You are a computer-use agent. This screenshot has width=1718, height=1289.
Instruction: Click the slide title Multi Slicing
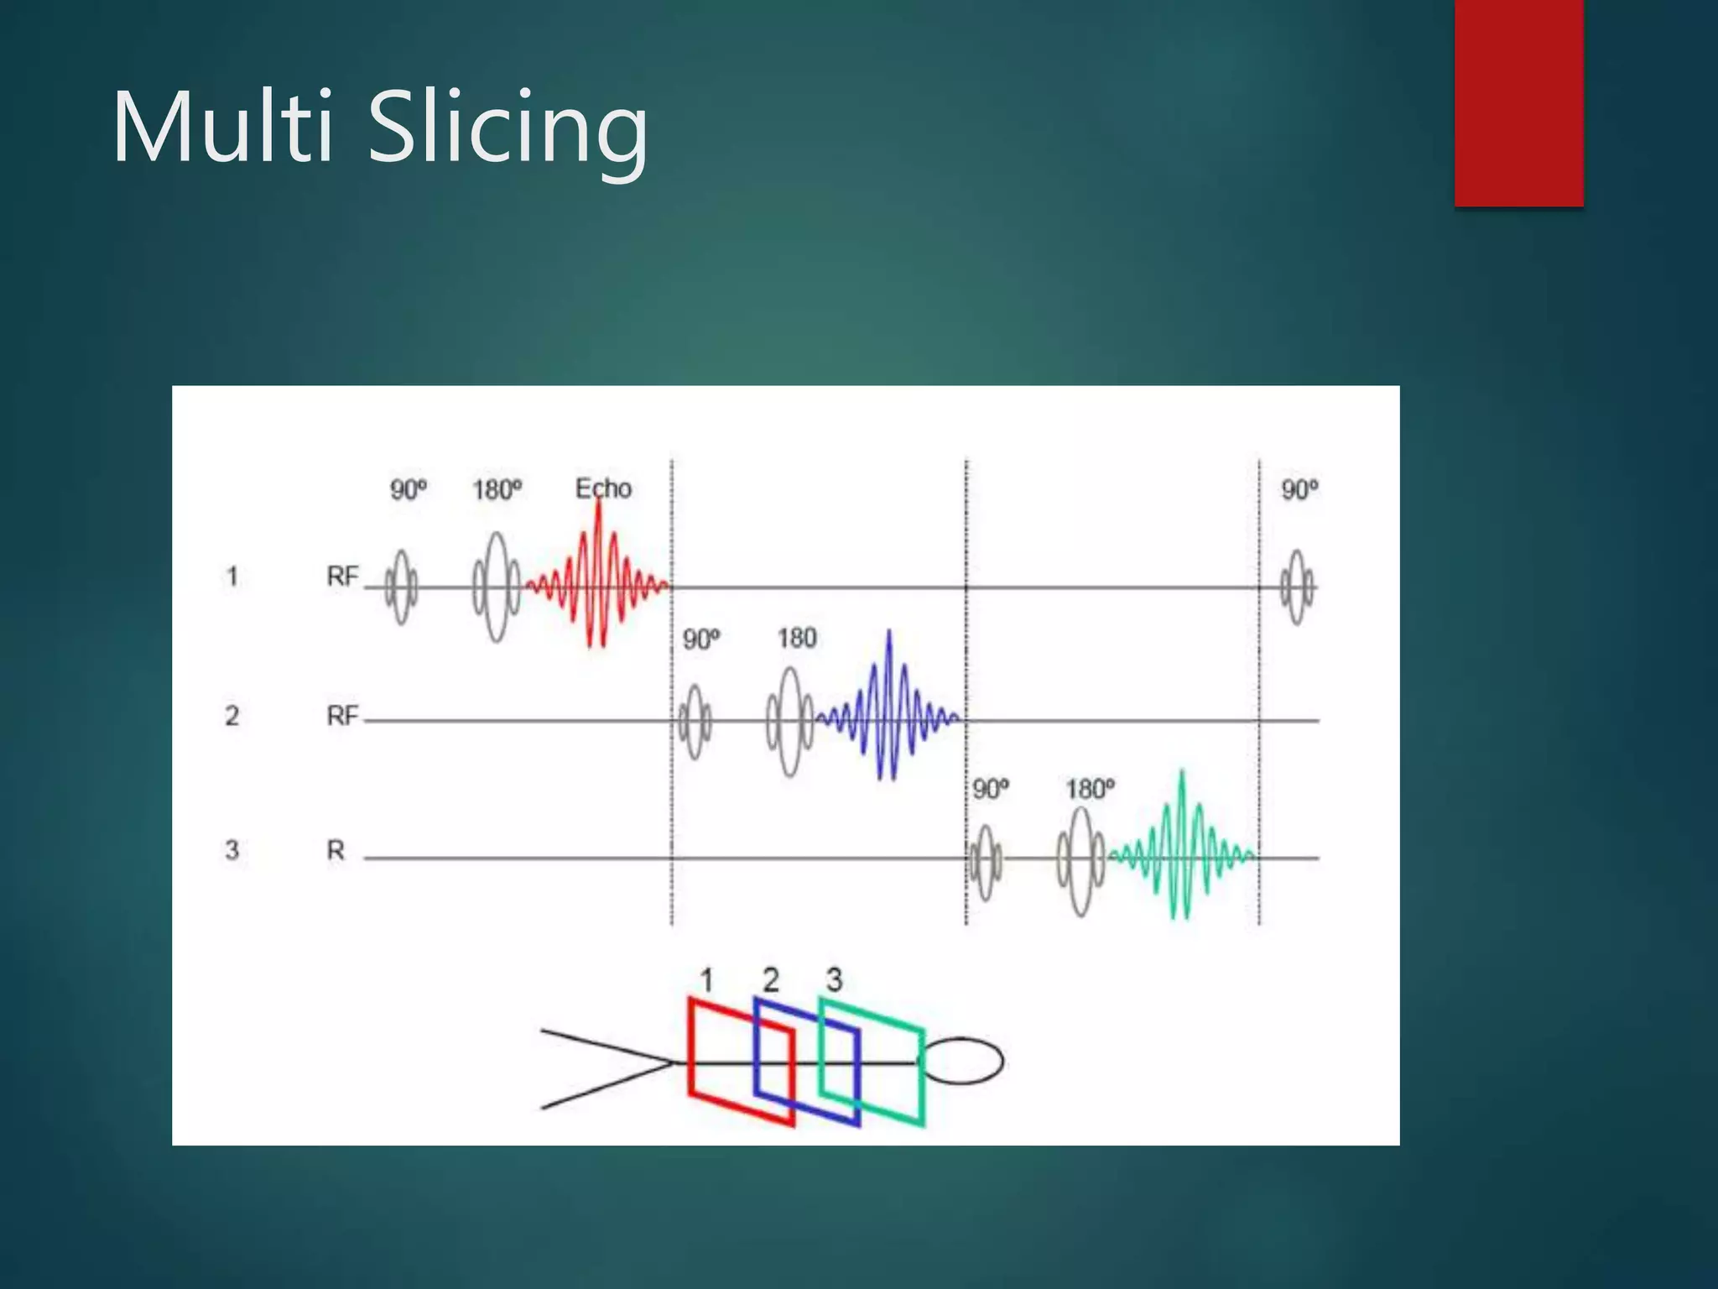point(379,128)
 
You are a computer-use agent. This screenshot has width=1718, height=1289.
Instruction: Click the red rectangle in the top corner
point(1518,102)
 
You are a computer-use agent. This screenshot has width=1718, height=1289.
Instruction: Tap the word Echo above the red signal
point(603,488)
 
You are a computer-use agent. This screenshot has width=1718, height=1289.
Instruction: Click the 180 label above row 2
point(796,639)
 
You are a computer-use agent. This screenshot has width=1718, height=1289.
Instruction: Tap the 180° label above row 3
point(1090,789)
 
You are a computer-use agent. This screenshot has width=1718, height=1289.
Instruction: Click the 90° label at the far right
point(1299,490)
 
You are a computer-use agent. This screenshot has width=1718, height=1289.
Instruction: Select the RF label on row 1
point(342,577)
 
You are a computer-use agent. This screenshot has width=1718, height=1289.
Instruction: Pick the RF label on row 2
point(342,716)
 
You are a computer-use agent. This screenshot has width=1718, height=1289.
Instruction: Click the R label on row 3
point(336,850)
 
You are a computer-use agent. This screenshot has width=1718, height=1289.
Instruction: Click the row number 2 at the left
point(232,716)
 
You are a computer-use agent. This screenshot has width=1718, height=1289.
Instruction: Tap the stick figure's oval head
point(964,1062)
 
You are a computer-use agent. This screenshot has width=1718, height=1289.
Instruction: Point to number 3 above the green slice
point(834,979)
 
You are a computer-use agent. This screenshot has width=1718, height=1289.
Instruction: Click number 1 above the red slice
point(706,980)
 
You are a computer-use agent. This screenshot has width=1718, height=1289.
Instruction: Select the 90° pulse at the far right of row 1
point(1297,587)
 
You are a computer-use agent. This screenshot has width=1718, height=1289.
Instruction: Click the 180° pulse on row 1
point(497,587)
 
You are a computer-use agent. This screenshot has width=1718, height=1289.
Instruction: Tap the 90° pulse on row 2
point(695,722)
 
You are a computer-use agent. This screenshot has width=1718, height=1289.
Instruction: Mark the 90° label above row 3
point(991,789)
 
